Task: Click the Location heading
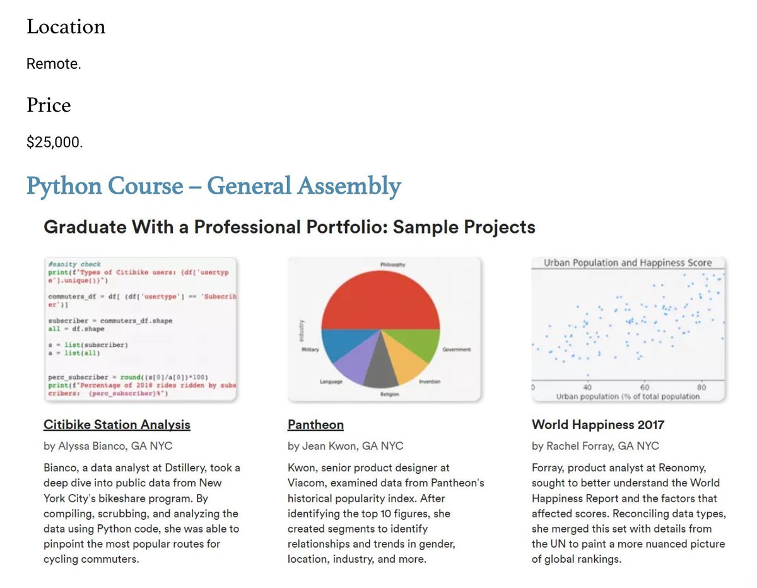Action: (66, 27)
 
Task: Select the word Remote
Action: (54, 64)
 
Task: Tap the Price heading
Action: (49, 105)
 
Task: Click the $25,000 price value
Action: (54, 143)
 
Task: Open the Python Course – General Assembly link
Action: (213, 186)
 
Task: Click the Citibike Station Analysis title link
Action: (117, 425)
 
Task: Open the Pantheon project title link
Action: (315, 425)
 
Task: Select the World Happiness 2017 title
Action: (597, 425)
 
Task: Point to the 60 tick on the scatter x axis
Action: (645, 386)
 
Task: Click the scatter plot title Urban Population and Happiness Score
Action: (627, 263)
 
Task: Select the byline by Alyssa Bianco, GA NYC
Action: (108, 446)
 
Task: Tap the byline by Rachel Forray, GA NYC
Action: (595, 446)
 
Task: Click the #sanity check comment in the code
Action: (74, 264)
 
